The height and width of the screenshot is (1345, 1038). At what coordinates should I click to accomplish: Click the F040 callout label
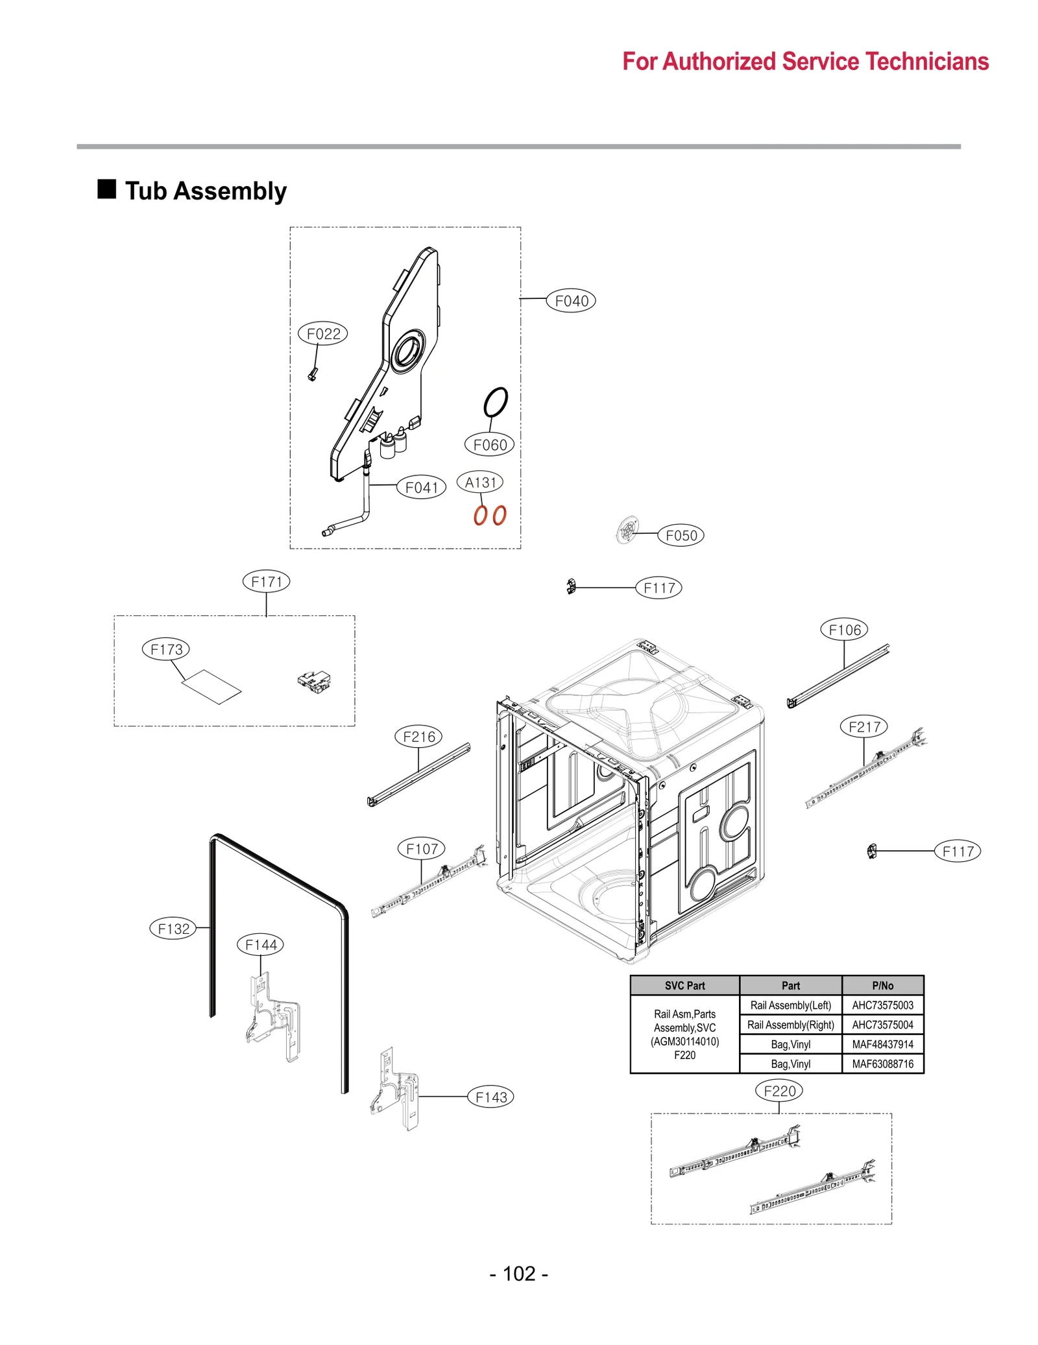571,301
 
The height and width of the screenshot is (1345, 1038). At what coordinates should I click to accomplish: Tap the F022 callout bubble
323,334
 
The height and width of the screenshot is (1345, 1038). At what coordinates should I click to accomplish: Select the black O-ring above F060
496,403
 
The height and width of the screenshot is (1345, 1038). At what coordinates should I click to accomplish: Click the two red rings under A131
490,516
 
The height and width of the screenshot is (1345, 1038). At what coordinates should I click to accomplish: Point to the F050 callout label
681,536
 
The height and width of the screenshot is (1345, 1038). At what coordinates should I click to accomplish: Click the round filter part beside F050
627,530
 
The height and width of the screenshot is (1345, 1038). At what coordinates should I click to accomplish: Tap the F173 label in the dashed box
167,649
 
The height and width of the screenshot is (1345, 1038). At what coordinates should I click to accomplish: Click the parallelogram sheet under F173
212,687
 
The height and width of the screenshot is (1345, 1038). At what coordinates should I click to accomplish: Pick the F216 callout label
419,737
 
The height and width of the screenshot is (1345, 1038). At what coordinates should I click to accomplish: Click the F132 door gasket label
173,929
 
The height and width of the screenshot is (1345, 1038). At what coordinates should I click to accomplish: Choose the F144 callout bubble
261,945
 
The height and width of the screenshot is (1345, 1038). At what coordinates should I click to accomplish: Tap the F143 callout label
491,1097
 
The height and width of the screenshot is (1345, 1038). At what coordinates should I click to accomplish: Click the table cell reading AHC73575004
882,1025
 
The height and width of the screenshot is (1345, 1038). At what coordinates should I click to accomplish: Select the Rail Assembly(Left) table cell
790,1006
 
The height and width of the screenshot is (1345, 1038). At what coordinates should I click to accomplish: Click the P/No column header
882,986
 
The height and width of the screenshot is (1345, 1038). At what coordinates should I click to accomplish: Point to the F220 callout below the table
779,1091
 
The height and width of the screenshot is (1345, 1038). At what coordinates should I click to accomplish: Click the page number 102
519,1274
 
